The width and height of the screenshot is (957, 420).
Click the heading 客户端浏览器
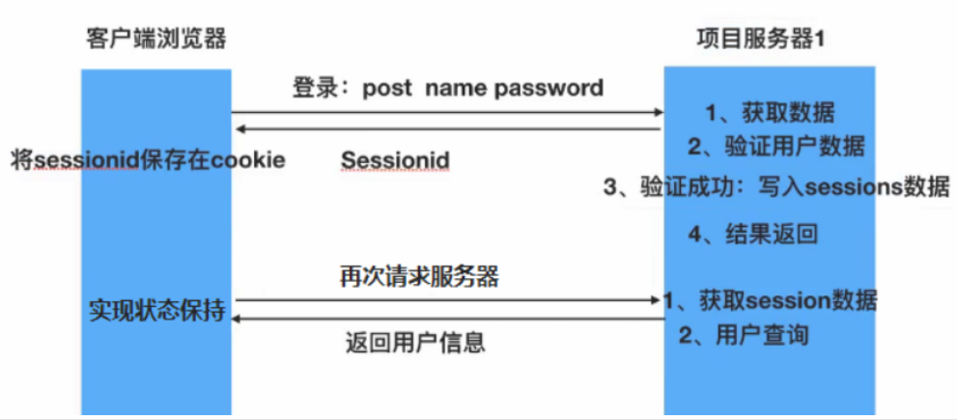tap(155, 41)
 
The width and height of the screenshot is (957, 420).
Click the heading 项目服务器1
tap(759, 41)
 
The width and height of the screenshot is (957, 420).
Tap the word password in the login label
tap(549, 89)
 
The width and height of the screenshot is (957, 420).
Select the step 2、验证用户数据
tap(775, 148)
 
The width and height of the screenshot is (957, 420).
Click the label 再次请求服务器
tap(419, 276)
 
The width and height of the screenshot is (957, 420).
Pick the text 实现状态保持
tap(157, 312)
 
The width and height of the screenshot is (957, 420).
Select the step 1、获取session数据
tap(771, 300)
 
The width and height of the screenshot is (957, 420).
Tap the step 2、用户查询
tap(743, 336)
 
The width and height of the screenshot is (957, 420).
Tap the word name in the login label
tap(457, 89)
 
